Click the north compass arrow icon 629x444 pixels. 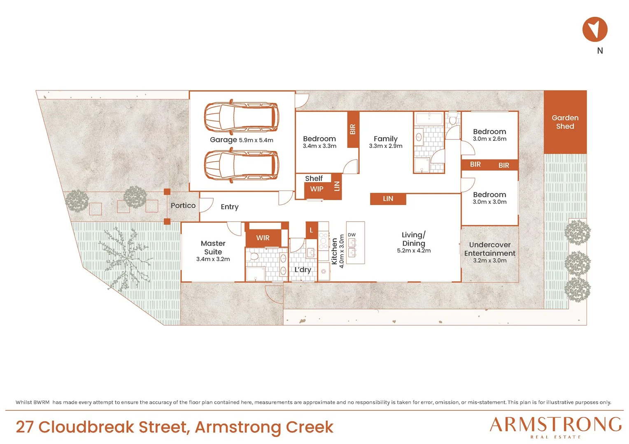coord(594,29)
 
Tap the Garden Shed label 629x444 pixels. coord(565,122)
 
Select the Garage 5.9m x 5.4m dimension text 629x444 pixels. coord(256,140)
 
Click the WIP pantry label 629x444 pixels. coord(317,189)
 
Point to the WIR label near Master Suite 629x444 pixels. coord(263,238)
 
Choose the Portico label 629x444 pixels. coord(183,206)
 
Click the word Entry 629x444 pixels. coord(230,207)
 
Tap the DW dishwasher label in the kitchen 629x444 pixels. coord(352,235)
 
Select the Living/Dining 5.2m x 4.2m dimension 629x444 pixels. coord(414,250)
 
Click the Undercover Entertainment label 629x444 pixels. coord(490,249)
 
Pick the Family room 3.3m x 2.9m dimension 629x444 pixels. coord(386,146)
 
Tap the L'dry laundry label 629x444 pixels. coord(303,270)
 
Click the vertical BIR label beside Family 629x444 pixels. coord(353,129)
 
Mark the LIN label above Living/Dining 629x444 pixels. coord(388,199)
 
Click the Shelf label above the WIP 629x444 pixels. coord(314,178)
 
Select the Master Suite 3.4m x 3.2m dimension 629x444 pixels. coord(213,259)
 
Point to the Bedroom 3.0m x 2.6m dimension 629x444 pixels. coord(489,139)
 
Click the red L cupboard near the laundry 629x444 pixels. coord(311,230)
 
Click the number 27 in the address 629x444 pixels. coord(25,427)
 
